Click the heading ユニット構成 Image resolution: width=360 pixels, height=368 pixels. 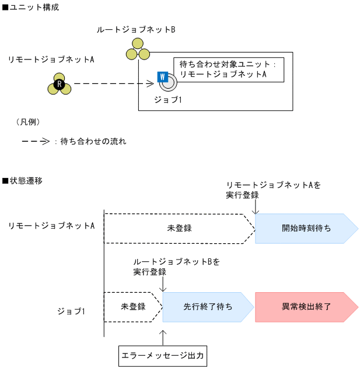34,8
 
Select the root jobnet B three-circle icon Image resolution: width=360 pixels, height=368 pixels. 138,49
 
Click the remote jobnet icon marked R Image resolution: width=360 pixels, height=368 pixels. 59,85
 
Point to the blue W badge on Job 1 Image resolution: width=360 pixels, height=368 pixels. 162,77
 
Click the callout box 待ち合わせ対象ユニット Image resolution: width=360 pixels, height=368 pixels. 228,69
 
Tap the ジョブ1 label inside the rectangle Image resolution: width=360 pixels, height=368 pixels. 168,100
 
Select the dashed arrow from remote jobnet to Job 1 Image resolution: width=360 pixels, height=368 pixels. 113,84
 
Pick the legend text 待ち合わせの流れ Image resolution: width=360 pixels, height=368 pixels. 93,141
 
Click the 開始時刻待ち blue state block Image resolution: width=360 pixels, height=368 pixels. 306,228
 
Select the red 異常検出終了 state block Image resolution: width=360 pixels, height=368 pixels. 306,306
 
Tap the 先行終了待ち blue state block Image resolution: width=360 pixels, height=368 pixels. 208,306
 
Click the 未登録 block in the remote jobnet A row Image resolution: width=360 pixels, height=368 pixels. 179,228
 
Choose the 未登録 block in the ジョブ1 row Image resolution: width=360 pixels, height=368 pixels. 132,306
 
